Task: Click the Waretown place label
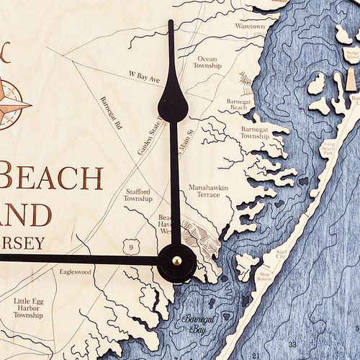tap(250, 26)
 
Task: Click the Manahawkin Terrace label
tap(208, 191)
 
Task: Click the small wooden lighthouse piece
tap(351, 81)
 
